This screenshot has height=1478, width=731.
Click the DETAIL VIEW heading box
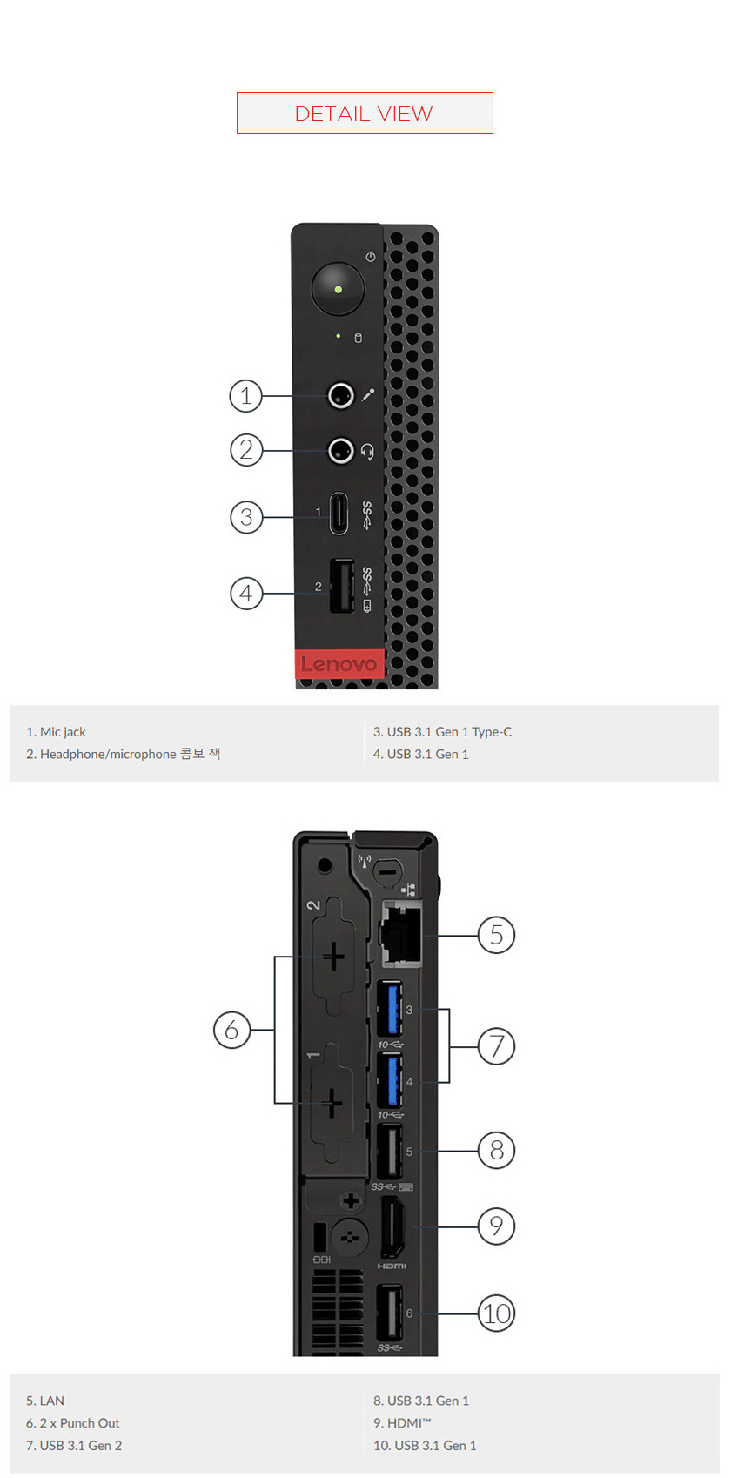(365, 113)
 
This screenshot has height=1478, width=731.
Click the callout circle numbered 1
(246, 396)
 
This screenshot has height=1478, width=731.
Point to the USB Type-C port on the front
(339, 514)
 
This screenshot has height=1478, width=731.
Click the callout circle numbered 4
(246, 594)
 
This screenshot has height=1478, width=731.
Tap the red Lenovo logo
(339, 664)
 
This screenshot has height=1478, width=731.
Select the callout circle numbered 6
(231, 1030)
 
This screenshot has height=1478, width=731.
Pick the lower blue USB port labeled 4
(389, 1080)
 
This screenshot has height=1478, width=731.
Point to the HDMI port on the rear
(392, 1226)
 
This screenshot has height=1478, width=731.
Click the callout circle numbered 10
(497, 1313)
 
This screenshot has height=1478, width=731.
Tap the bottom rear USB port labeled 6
(389, 1312)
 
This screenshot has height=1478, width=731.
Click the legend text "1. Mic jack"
(56, 732)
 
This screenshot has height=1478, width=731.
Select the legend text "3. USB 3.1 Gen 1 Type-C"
(442, 732)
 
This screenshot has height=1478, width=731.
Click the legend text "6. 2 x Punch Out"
(73, 1423)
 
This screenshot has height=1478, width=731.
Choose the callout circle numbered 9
(497, 1226)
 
